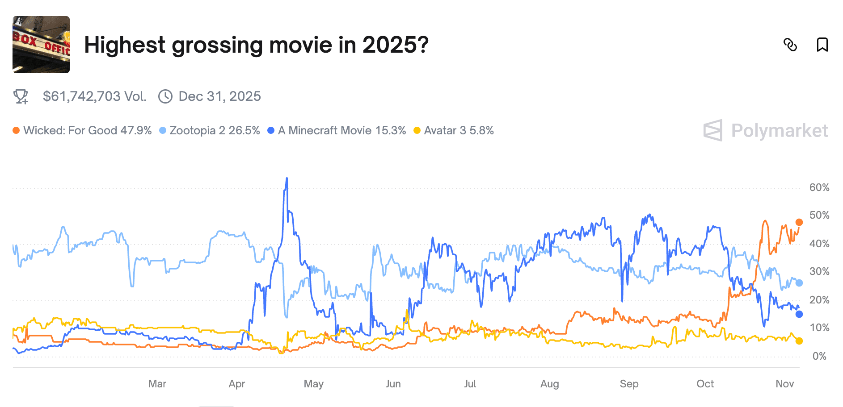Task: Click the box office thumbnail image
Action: point(41,45)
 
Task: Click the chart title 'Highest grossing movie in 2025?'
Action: point(256,45)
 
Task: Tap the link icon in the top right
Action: point(790,45)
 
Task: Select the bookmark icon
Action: point(822,45)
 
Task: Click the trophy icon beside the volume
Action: point(21,96)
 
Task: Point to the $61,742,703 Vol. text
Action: point(94,96)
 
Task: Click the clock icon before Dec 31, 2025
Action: point(165,96)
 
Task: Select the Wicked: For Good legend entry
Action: point(82,130)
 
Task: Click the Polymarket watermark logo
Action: point(765,130)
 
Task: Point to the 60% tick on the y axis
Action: point(819,187)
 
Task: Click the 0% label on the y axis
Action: point(819,356)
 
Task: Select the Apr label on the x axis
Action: point(237,384)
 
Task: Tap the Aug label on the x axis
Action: point(549,384)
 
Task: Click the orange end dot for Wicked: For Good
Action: point(799,222)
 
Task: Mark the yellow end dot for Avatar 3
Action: point(799,341)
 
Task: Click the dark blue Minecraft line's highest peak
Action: point(287,178)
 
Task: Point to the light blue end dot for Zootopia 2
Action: point(799,283)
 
